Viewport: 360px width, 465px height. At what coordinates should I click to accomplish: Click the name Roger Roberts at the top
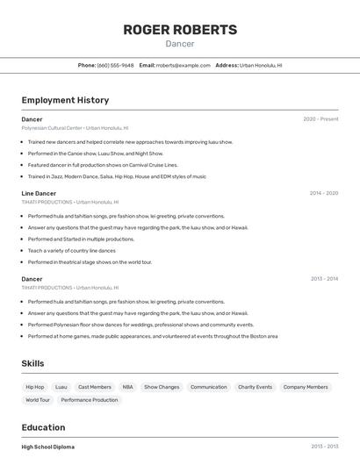pos(180,30)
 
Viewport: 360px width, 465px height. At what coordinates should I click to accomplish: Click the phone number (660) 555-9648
pos(115,65)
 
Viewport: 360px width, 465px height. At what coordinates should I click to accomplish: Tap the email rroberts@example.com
pos(184,65)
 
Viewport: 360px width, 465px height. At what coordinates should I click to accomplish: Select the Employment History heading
pos(65,100)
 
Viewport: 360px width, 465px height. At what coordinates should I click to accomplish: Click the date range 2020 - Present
pos(320,119)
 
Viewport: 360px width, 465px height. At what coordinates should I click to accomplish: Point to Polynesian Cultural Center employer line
pos(75,128)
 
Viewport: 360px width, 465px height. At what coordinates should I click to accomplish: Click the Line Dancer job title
pos(39,193)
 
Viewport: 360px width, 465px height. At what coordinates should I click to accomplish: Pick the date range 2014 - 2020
pos(323,193)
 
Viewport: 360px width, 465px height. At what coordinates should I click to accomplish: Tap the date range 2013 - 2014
pos(324,279)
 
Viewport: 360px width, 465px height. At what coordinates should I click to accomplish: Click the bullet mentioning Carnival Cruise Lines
pos(103,165)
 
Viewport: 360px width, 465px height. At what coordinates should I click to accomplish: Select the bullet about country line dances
pos(72,250)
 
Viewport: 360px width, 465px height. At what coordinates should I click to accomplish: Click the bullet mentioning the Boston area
pos(153,336)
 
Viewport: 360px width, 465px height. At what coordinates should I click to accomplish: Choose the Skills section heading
pos(32,363)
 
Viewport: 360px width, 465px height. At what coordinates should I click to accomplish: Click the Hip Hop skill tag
pos(35,387)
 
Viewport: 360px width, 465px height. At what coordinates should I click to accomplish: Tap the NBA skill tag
pos(127,387)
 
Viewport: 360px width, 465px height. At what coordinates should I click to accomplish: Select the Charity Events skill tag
pos(255,387)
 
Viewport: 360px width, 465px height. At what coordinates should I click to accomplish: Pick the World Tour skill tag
pos(38,400)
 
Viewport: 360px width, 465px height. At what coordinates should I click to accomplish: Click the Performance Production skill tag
pos(90,400)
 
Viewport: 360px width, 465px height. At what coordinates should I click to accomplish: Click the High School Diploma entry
pos(48,447)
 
